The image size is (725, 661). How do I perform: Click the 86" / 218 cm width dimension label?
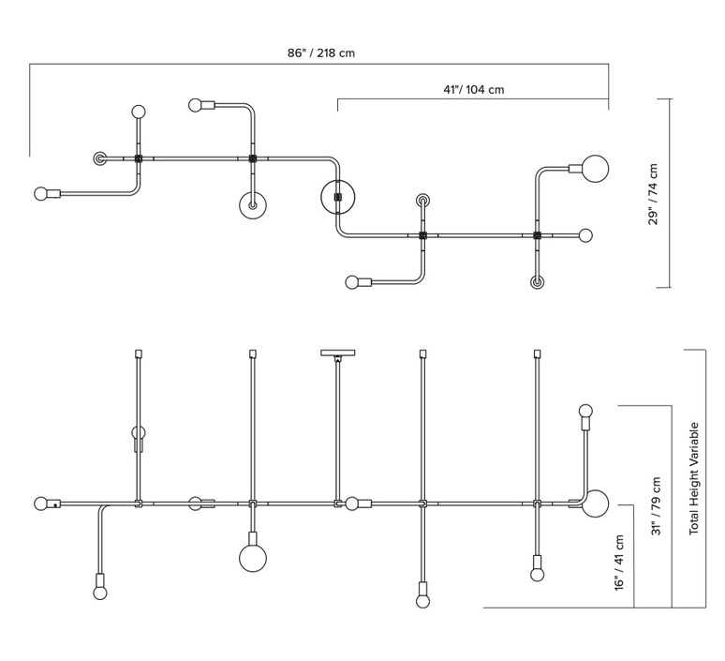tap(321, 53)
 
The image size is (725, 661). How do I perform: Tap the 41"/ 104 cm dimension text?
tap(473, 89)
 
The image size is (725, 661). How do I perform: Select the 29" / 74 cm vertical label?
tap(653, 194)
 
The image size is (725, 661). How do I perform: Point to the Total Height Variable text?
tap(693, 478)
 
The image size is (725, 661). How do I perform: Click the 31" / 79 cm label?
tap(656, 506)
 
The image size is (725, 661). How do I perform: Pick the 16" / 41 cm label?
tap(619, 563)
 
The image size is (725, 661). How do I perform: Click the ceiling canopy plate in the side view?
tap(338, 353)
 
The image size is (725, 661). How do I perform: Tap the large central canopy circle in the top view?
tap(338, 197)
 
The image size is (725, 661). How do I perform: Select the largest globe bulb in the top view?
tap(595, 169)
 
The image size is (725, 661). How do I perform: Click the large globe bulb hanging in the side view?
tap(253, 558)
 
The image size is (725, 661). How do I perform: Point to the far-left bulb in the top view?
tap(41, 193)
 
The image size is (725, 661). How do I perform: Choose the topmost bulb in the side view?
tap(585, 411)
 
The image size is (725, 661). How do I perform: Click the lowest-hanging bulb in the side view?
tap(422, 601)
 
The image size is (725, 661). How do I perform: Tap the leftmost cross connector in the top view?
tap(139, 158)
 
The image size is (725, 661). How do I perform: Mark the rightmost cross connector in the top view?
tap(537, 235)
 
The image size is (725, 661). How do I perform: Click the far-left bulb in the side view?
tap(41, 503)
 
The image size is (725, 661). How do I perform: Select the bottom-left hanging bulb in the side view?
tap(100, 593)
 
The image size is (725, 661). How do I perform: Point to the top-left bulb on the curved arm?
tap(196, 105)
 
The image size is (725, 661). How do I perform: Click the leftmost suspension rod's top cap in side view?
tap(139, 353)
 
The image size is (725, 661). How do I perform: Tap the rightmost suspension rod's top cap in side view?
tap(537, 353)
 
